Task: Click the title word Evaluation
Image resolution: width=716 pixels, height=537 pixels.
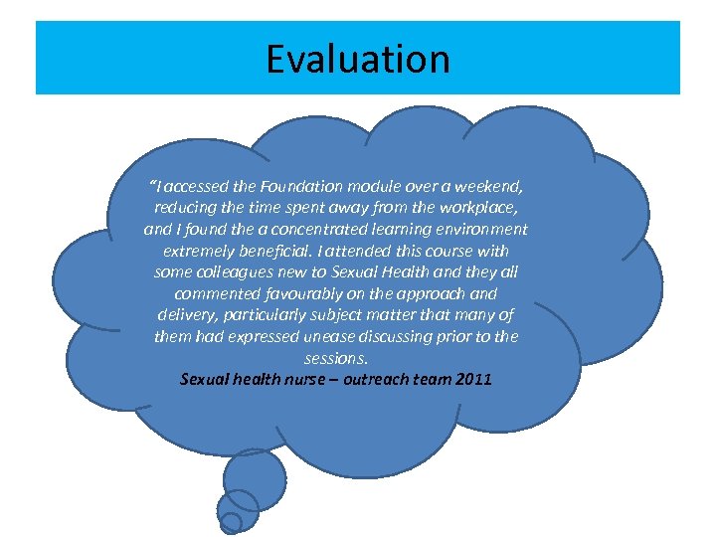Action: (357, 59)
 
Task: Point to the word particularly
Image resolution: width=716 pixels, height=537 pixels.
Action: (267, 315)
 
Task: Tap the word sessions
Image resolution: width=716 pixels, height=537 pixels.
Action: (335, 358)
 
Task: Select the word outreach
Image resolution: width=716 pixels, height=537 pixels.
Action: (383, 379)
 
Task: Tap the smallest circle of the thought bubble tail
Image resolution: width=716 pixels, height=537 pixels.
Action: (230, 522)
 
